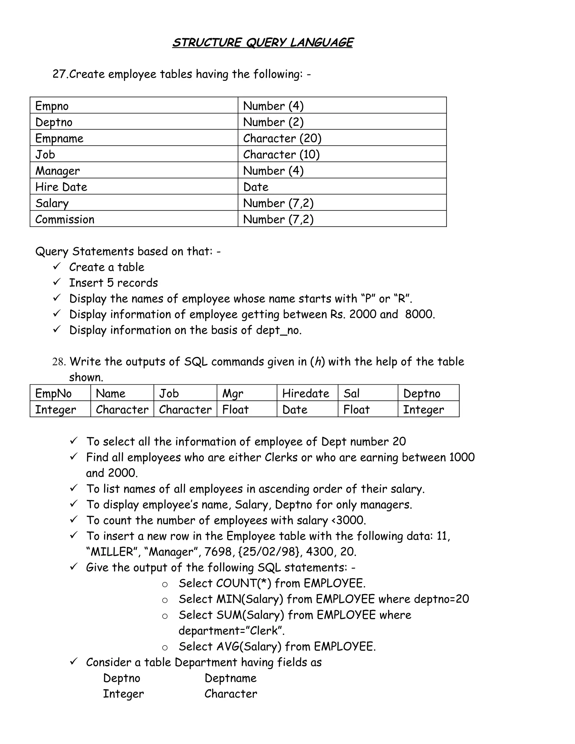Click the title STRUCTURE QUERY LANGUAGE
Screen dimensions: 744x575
[x=263, y=43]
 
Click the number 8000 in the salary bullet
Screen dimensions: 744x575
[x=420, y=314]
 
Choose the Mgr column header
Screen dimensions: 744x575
[x=233, y=393]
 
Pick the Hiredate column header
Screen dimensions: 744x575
[x=305, y=393]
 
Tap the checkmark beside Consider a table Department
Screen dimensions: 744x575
[x=74, y=661]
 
